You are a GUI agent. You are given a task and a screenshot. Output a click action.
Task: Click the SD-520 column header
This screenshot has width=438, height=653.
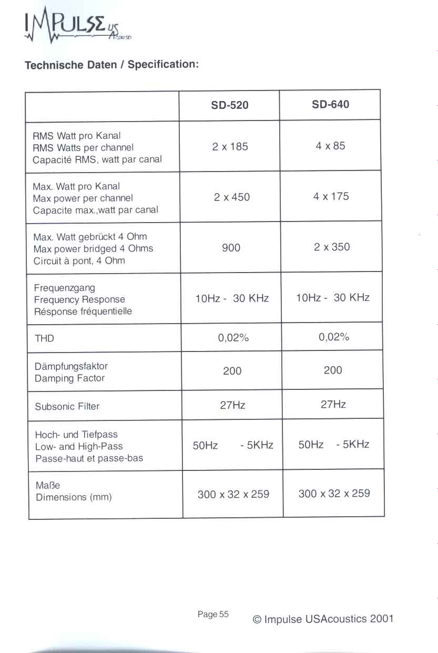coord(230,105)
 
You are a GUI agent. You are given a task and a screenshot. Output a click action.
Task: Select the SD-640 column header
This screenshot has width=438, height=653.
coord(330,104)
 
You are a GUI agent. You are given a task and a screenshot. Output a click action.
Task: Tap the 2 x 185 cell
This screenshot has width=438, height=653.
coord(230,146)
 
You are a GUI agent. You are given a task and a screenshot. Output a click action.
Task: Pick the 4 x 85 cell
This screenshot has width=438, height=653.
coord(331,145)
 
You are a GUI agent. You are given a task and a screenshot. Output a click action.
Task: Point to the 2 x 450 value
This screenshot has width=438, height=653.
coord(232,197)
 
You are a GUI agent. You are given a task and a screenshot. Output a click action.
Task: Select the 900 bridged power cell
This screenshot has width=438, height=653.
coord(231,247)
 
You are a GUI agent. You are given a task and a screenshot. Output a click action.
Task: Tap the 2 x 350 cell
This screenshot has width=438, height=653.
coord(332,247)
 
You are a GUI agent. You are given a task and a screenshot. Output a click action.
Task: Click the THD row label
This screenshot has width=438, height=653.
coord(44,338)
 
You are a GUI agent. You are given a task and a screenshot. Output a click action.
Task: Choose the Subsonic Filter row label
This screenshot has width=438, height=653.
coord(67,406)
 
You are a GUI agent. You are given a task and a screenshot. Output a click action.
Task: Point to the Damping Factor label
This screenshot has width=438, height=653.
coord(69,378)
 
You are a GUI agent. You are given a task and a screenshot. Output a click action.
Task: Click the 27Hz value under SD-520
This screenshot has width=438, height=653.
coord(232,405)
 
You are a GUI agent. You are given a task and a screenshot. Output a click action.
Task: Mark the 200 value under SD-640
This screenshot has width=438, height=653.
coord(333,370)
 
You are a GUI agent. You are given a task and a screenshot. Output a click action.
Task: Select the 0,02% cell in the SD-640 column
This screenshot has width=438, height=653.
coord(334,337)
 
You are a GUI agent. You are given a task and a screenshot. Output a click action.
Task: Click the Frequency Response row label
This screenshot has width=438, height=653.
coord(79,299)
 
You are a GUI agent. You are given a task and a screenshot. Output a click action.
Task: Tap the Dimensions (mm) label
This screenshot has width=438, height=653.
coord(74,497)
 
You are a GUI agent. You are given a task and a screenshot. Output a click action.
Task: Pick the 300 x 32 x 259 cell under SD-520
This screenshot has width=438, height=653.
coord(233,494)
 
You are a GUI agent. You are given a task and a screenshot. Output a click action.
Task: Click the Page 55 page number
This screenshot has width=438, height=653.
coord(213,614)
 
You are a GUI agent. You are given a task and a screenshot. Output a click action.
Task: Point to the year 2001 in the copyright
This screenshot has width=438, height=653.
coord(382,619)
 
